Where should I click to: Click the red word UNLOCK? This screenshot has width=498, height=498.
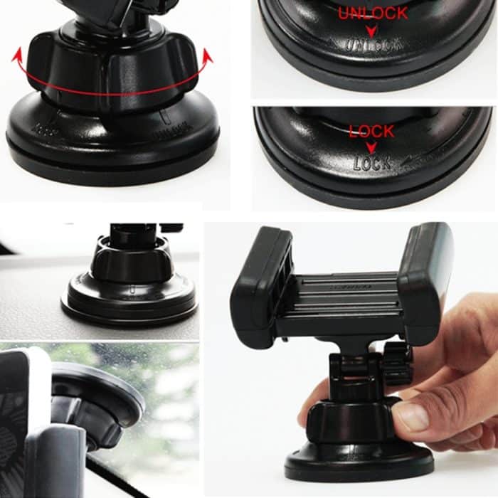[373, 14]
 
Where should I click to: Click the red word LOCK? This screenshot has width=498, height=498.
[371, 132]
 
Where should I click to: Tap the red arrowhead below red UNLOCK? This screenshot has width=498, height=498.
[371, 31]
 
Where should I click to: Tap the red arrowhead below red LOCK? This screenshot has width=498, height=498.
[371, 147]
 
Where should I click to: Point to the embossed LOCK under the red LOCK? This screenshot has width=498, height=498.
[372, 163]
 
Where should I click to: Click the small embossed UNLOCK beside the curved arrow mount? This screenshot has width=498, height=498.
[171, 132]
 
